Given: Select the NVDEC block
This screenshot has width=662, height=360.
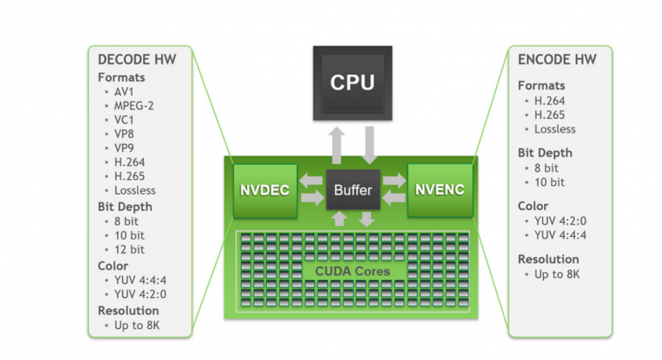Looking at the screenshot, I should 264,189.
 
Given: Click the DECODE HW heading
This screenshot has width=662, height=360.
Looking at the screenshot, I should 137,59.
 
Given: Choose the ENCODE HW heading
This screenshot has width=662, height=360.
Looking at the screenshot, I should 557,59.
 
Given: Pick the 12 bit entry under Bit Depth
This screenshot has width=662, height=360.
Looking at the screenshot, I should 128,249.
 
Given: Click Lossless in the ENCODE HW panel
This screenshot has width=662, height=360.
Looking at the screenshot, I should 554,129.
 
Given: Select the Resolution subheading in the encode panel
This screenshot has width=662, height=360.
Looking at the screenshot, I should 548,258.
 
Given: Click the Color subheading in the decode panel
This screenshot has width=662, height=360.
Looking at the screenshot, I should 113,265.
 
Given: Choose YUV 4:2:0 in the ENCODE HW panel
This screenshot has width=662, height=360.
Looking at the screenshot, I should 561,220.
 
